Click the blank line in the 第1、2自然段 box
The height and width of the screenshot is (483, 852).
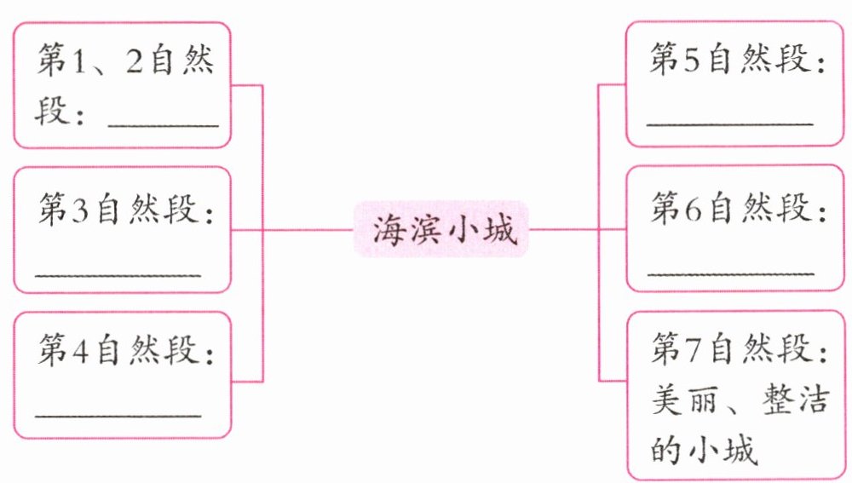pos(164,125)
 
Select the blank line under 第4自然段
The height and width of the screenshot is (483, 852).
pos(119,417)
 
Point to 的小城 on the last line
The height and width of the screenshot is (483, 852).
pos(704,448)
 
